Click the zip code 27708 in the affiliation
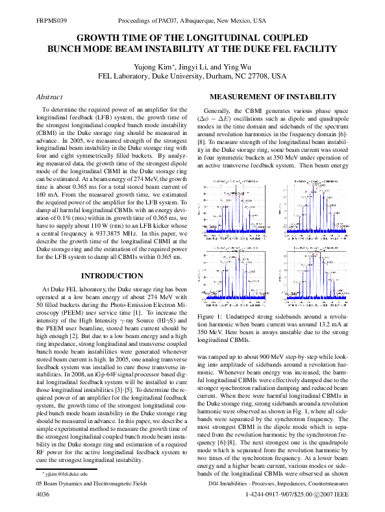pos(260,76)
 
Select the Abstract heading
pos(49,97)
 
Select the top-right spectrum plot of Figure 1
pos(314,209)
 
